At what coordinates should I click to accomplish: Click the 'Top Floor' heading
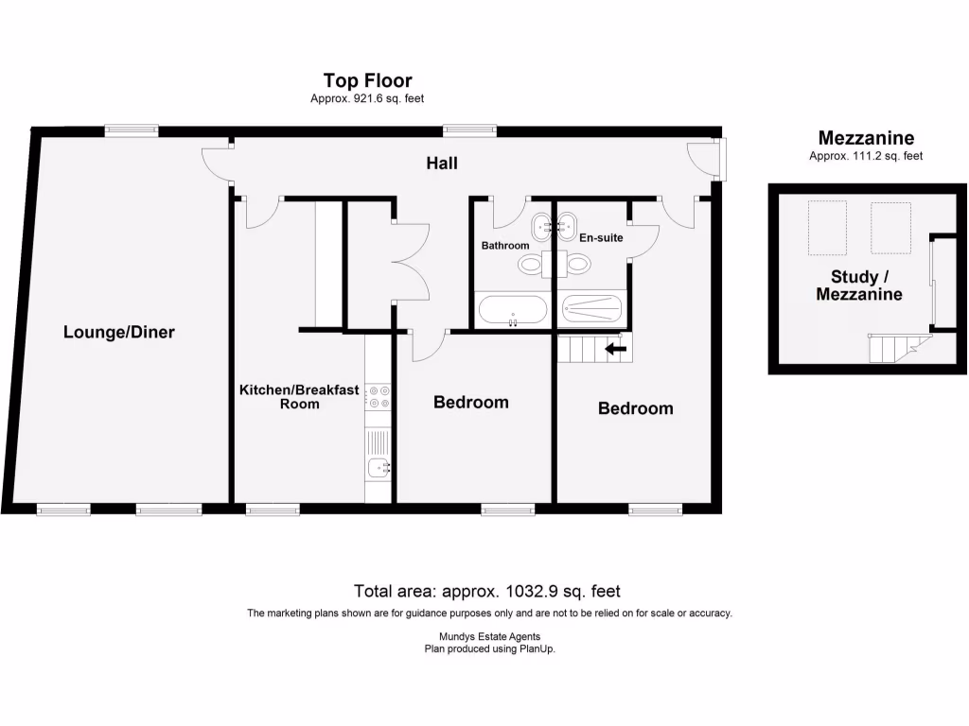point(367,80)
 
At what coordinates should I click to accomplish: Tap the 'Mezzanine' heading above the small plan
point(866,138)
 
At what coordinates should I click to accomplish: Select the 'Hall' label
point(441,164)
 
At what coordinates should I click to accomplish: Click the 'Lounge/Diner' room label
point(119,332)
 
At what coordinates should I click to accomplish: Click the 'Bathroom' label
point(505,246)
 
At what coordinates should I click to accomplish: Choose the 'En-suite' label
point(601,237)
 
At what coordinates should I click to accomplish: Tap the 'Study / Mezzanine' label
point(866,285)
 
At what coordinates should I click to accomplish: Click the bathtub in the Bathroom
point(512,310)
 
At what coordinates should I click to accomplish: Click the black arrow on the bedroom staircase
point(615,349)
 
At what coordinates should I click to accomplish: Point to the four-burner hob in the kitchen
point(379,396)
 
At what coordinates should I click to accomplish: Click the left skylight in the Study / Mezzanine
point(827,228)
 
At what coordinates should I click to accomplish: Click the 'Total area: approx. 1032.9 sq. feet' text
point(486,592)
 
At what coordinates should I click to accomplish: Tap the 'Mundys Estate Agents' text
point(489,637)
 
